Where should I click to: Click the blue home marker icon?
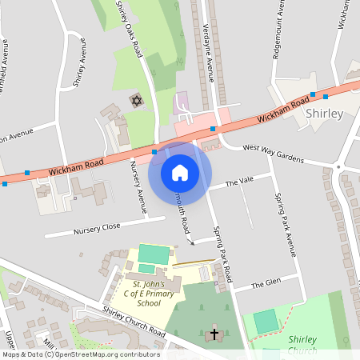point(180,173)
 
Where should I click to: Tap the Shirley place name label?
point(325,114)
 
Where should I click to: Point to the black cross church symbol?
point(214,331)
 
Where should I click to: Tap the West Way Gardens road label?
point(274,154)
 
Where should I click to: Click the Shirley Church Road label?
point(134,322)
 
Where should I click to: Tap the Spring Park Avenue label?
point(286,225)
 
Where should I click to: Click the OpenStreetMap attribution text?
point(80,354)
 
